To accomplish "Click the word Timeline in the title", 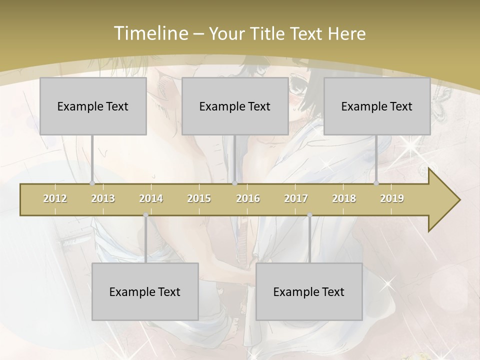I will pyautogui.click(x=150, y=33).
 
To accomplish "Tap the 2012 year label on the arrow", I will pyautogui.click(x=55, y=198).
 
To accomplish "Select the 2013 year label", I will pyautogui.click(x=103, y=198).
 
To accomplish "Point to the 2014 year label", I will pyautogui.click(x=151, y=198).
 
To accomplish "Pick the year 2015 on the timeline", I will pyautogui.click(x=199, y=198).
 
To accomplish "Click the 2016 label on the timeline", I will pyautogui.click(x=248, y=198).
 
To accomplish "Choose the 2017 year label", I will pyautogui.click(x=296, y=198).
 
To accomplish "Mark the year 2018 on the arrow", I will pyautogui.click(x=344, y=198).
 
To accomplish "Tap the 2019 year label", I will pyautogui.click(x=392, y=198).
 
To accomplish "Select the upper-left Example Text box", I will pyautogui.click(x=93, y=106).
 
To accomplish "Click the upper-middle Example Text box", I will pyautogui.click(x=235, y=106).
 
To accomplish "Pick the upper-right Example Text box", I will pyautogui.click(x=377, y=106).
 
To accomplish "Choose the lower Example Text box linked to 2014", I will pyautogui.click(x=145, y=291).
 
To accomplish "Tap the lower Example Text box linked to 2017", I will pyautogui.click(x=309, y=291).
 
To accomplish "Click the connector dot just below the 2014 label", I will pyautogui.click(x=145, y=215).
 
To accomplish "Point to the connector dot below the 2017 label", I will pyautogui.click(x=309, y=215).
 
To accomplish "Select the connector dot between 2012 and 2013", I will pyautogui.click(x=92, y=183).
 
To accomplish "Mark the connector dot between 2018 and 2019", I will pyautogui.click(x=376, y=183).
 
